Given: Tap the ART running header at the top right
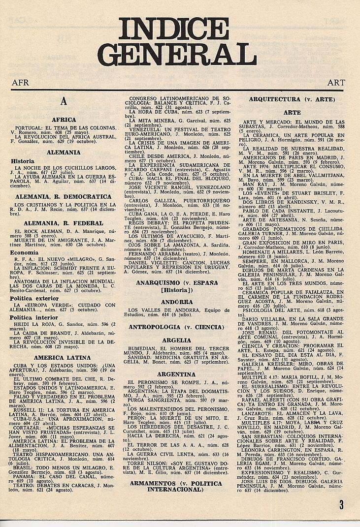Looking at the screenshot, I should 336,83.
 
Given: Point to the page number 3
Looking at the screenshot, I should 341,504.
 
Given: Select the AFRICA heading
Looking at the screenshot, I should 64,120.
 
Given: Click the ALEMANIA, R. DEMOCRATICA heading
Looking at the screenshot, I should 64,197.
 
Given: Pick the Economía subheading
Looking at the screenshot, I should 25,252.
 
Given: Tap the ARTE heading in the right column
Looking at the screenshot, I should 292,113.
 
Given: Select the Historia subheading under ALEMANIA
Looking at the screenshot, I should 23,161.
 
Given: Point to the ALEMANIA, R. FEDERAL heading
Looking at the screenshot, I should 64,223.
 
